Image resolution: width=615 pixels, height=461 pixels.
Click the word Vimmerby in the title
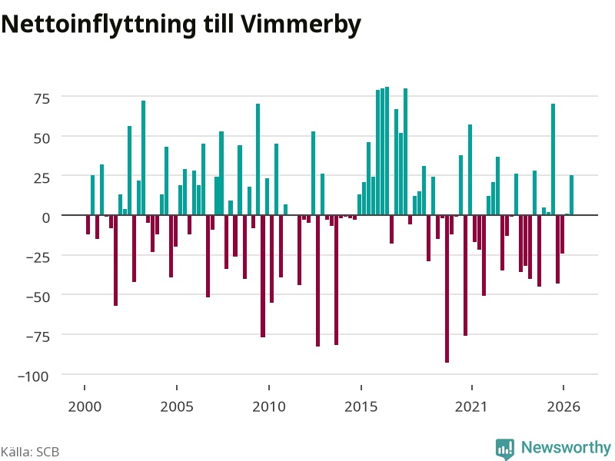point(301,25)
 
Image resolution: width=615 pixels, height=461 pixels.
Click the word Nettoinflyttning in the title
point(98,25)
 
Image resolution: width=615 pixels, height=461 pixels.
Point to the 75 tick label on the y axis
point(42,98)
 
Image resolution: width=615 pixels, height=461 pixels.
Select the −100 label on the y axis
point(34,376)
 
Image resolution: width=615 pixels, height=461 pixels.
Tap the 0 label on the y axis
point(46,217)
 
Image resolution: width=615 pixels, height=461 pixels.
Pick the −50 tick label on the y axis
point(38,297)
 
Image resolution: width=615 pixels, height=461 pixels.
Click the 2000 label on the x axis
point(85,406)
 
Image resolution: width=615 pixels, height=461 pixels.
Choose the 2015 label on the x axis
point(361,406)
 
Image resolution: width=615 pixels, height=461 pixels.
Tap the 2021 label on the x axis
point(471,406)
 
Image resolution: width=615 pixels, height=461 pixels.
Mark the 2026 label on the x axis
point(563,406)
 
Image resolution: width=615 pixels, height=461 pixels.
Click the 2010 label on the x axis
point(268,406)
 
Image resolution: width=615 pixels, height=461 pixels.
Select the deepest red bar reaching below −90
point(447,289)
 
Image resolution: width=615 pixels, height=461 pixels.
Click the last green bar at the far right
point(571,195)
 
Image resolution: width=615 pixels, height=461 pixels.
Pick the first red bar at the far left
point(88,224)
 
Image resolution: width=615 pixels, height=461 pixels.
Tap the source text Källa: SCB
point(30,452)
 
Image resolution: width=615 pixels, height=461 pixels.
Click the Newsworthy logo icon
point(505,449)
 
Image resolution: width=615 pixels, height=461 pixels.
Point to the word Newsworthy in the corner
point(566,447)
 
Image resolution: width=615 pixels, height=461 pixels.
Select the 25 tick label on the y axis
point(42,178)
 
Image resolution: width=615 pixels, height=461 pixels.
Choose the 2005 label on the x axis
point(177,406)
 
